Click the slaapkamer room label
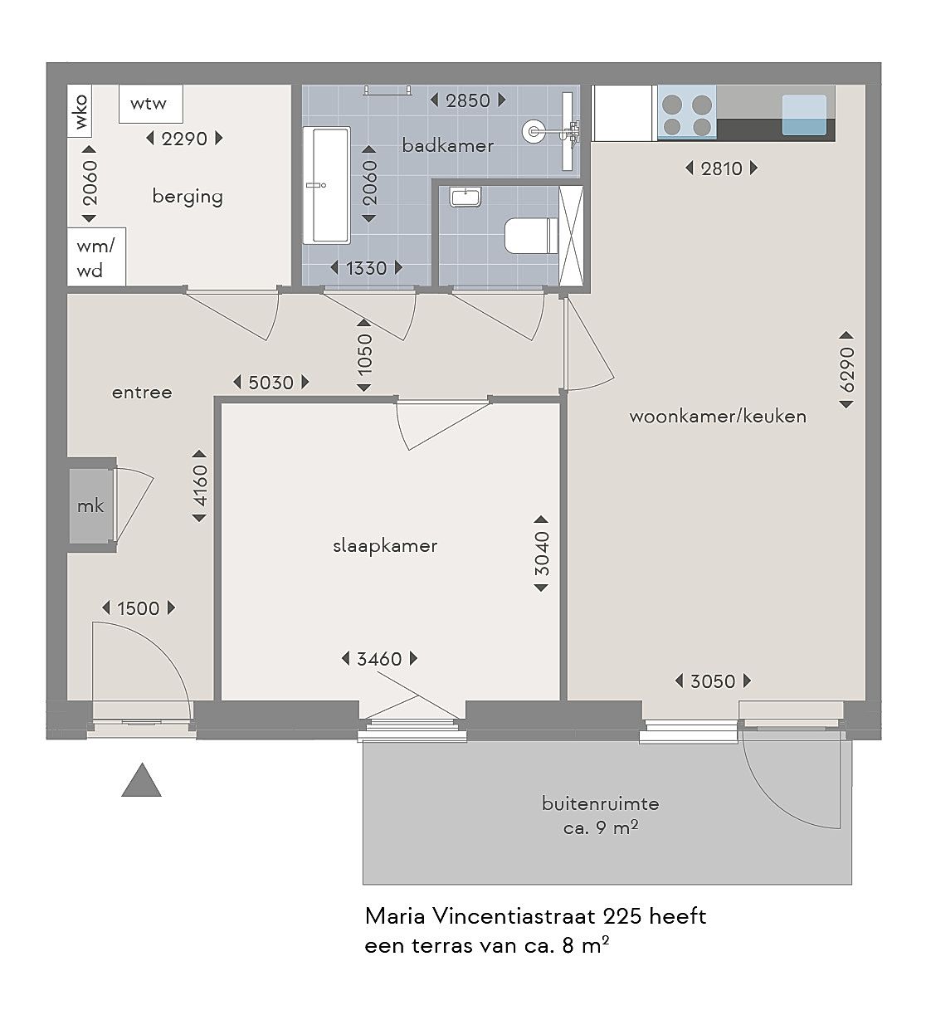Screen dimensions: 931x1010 pyautogui.click(x=385, y=546)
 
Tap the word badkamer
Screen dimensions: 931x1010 pyautogui.click(x=447, y=146)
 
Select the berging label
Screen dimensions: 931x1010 pyautogui.click(x=188, y=197)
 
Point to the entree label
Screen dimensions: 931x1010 pyautogui.click(x=142, y=393)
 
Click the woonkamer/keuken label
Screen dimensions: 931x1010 pyautogui.click(x=718, y=417)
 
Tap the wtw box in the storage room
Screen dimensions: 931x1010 pyautogui.click(x=151, y=104)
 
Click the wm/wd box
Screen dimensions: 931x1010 pyautogui.click(x=96, y=256)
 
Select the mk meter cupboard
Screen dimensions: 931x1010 pyautogui.click(x=90, y=505)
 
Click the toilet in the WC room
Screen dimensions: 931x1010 pyautogui.click(x=531, y=236)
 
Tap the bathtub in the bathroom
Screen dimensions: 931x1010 pyautogui.click(x=327, y=185)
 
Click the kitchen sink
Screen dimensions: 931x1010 pyautogui.click(x=804, y=115)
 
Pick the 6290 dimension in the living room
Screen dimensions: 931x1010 pyautogui.click(x=846, y=369)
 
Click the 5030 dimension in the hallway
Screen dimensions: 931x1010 pyautogui.click(x=271, y=383)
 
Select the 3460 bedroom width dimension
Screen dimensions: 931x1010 pyautogui.click(x=379, y=659)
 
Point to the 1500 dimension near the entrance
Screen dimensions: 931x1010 pyautogui.click(x=139, y=608)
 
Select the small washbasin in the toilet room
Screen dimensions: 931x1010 pyautogui.click(x=465, y=197)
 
